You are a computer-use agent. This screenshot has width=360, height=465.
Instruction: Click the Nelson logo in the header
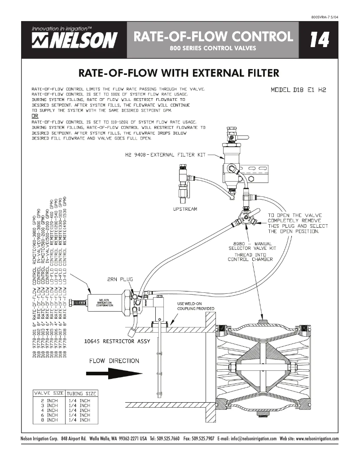[75, 39]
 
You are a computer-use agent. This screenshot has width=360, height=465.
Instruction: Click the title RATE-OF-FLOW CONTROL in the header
[213, 36]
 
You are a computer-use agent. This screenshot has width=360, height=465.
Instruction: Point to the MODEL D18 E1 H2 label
[299, 90]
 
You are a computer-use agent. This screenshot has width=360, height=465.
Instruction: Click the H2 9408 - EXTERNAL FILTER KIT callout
[165, 155]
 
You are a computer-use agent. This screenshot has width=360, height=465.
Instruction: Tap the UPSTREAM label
[185, 209]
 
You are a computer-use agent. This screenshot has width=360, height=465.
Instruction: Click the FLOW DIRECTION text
[114, 361]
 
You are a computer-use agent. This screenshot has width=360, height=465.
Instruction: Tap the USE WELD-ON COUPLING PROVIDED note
[195, 306]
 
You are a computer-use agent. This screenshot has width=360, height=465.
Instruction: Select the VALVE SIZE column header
[49, 393]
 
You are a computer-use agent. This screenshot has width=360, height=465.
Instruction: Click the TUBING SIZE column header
[81, 393]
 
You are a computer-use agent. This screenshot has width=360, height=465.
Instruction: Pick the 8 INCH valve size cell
[49, 420]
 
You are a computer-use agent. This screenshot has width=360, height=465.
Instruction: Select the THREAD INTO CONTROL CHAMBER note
[250, 257]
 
